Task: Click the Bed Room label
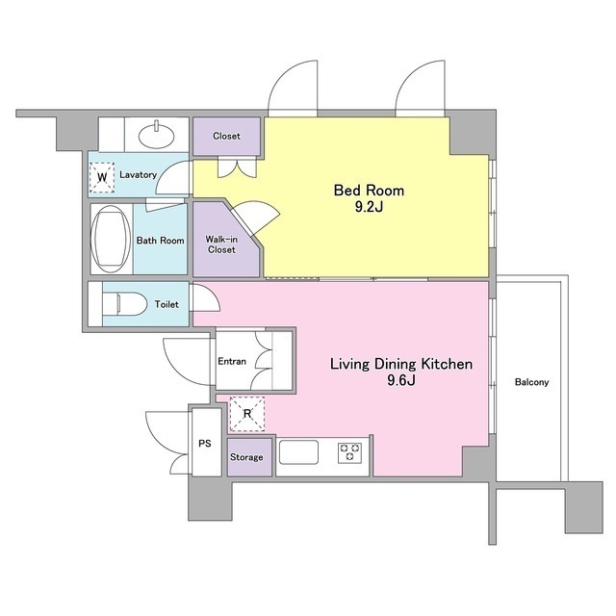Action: point(369,191)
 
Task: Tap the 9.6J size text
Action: point(401,380)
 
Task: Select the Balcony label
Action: point(531,382)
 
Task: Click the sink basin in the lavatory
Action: point(157,135)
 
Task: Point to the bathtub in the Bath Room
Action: point(111,239)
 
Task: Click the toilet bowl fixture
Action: point(123,304)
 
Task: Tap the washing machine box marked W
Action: point(102,177)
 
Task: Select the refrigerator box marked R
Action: point(247,414)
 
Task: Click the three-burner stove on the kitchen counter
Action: point(349,451)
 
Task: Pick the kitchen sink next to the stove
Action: point(298,451)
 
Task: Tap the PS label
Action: point(205,444)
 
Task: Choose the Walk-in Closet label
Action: point(221,244)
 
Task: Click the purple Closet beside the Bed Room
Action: point(227,136)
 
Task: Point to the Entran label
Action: point(232,361)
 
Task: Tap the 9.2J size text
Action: point(369,207)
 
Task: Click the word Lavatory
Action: point(138,174)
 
